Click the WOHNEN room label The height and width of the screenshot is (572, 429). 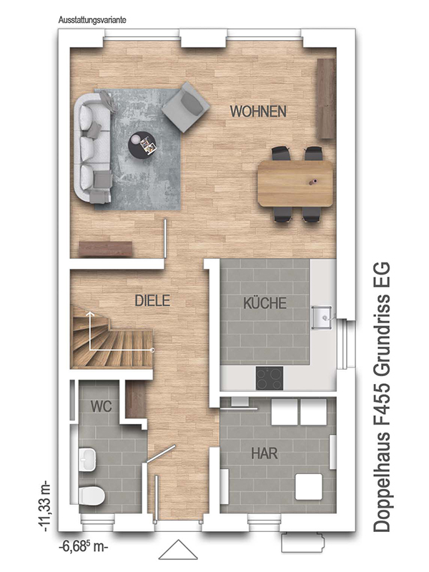[x=258, y=112]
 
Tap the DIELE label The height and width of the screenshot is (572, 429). [x=152, y=300]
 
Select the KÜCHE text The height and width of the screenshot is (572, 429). [x=265, y=303]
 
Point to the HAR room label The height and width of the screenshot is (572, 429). [x=265, y=453]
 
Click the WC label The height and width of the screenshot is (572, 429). [x=101, y=406]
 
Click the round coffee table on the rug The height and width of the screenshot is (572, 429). [x=142, y=144]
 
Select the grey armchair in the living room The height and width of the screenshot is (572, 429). [x=186, y=107]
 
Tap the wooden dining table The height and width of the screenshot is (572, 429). [x=295, y=184]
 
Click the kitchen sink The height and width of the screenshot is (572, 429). [x=322, y=317]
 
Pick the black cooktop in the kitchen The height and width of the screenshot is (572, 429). [x=270, y=378]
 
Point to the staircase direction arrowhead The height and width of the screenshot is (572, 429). [x=90, y=313]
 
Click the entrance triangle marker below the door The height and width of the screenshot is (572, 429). [x=178, y=549]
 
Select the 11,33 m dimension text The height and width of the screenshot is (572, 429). [x=46, y=507]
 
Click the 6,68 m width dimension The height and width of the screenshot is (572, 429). [x=83, y=547]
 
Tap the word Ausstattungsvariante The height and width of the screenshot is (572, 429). [x=92, y=20]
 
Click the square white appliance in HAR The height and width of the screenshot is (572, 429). [x=309, y=487]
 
